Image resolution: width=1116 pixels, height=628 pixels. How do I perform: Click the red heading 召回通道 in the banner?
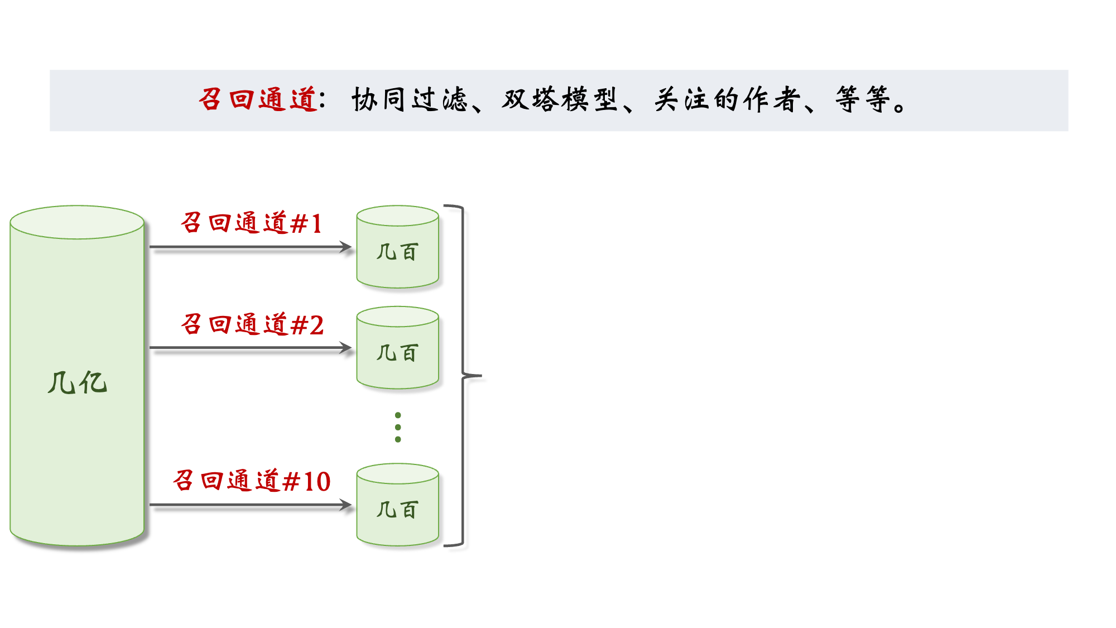[258, 100]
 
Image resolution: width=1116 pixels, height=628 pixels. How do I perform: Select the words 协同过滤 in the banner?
[409, 100]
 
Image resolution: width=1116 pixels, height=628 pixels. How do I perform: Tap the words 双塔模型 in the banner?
[559, 100]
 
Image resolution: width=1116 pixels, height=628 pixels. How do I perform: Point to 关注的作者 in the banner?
[727, 100]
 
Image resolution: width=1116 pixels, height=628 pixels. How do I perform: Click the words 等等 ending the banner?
[863, 100]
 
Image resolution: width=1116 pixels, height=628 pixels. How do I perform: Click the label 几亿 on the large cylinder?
[77, 383]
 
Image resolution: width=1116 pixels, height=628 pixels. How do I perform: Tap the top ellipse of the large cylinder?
[77, 222]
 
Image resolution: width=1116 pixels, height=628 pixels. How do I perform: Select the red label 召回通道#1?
[252, 223]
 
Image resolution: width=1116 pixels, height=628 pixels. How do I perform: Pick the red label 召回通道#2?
[252, 324]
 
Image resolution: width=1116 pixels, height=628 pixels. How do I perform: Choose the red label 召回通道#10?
[252, 481]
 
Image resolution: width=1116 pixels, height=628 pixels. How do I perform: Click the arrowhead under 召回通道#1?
[347, 247]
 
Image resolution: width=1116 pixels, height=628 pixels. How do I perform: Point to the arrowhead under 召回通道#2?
[347, 348]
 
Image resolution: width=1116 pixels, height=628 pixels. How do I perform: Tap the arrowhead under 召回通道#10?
[347, 505]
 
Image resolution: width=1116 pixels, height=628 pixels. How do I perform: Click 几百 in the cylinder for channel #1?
[397, 252]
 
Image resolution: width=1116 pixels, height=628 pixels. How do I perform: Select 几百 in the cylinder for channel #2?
[397, 353]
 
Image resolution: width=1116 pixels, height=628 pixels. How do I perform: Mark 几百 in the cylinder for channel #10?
[397, 510]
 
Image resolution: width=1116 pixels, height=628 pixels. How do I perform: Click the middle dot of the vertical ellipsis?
[398, 427]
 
